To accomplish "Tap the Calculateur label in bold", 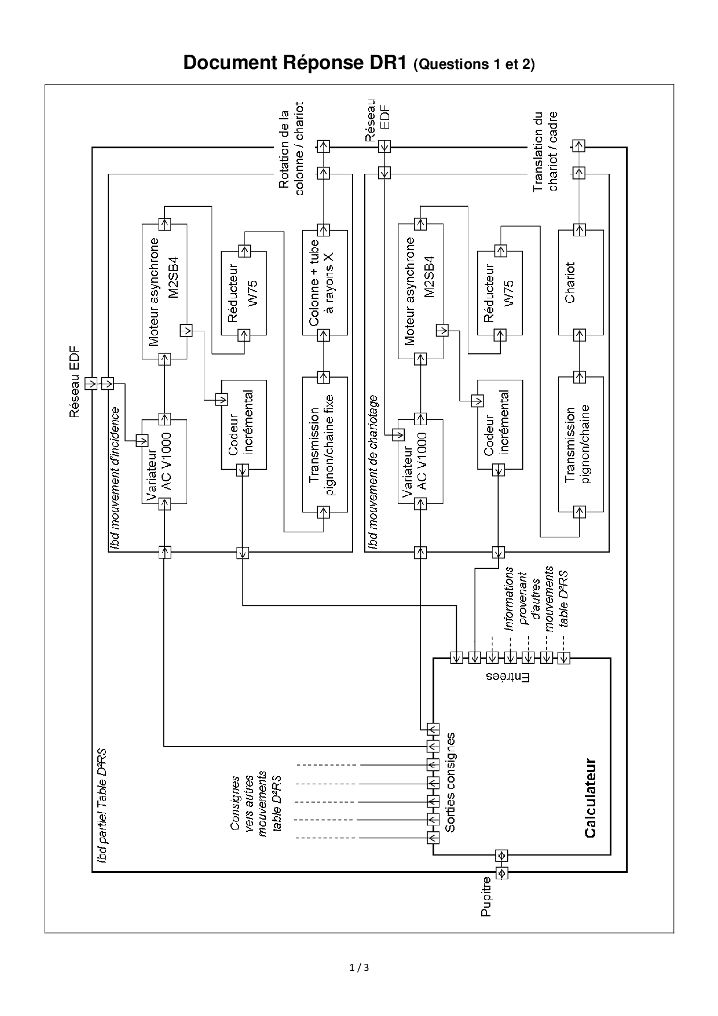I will (x=590, y=798).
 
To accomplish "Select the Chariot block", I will (x=581, y=282).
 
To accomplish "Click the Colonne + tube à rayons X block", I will (x=325, y=282).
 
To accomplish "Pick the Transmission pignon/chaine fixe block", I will (x=325, y=445).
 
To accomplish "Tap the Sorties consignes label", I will (x=450, y=782).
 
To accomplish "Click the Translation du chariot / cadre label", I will (x=545, y=151).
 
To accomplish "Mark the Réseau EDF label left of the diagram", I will (x=74, y=382).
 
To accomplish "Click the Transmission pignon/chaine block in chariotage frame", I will (x=581, y=445).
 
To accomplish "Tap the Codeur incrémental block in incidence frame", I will (x=243, y=425).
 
